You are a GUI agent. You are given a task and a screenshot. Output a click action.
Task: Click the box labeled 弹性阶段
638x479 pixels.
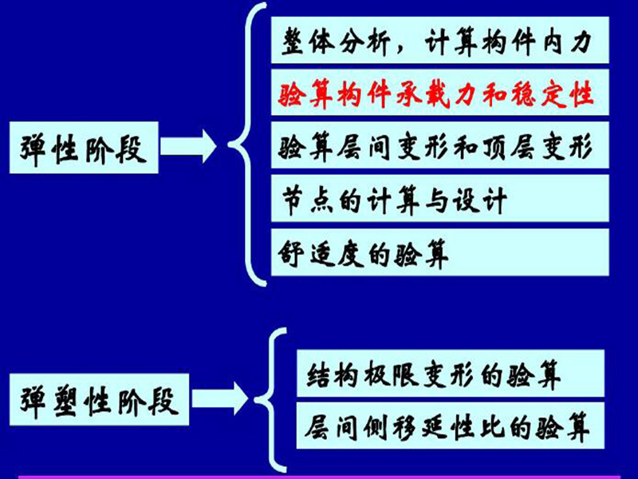(84, 148)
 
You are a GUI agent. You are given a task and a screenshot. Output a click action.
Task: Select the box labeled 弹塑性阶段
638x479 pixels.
(99, 400)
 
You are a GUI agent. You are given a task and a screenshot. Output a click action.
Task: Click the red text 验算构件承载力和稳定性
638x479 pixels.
(435, 95)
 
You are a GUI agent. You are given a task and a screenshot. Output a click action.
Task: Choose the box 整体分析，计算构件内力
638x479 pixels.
(440, 40)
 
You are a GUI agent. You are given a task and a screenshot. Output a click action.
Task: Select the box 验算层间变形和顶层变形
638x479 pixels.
(440, 145)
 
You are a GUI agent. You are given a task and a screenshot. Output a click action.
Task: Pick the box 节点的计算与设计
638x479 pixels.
(440, 198)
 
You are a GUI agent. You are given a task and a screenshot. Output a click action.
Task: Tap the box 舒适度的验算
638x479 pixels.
(440, 252)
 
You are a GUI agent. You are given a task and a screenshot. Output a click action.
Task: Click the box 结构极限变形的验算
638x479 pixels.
(451, 373)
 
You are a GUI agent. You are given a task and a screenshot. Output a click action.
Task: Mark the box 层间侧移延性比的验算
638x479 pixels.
(451, 426)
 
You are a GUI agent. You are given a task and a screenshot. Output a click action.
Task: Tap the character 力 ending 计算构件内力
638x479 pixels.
(581, 41)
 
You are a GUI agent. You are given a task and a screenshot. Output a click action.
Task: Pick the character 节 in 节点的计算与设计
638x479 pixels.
(293, 201)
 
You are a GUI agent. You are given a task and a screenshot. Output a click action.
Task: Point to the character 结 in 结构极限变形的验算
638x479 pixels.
(320, 374)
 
